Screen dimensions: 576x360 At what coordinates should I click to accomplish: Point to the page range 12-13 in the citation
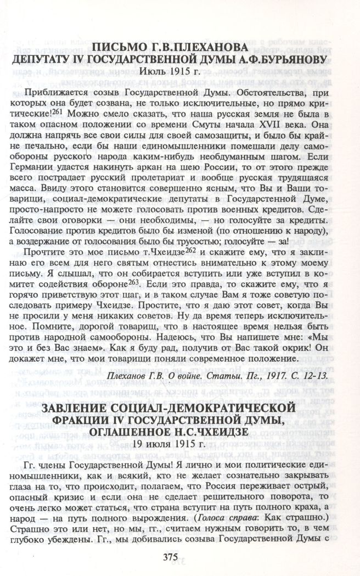pyautogui.click(x=316, y=375)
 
